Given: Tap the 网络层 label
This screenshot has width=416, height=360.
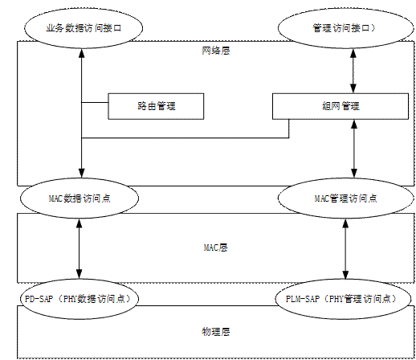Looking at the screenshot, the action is pyautogui.click(x=216, y=51).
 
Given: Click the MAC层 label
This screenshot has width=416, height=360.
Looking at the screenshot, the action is pyautogui.click(x=216, y=247).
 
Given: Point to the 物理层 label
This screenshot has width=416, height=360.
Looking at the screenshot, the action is pyautogui.click(x=216, y=332).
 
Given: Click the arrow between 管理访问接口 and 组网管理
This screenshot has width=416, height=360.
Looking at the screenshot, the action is pyautogui.click(x=353, y=71).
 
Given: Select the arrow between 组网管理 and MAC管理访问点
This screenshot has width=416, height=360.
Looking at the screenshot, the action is pyautogui.click(x=354, y=149).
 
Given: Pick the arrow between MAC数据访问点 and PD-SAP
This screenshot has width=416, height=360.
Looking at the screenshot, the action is pyautogui.click(x=80, y=248).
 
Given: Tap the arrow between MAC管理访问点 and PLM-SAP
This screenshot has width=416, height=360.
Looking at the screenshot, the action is pyautogui.click(x=345, y=248).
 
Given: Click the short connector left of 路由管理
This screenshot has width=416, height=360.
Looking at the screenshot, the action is pyautogui.click(x=95, y=102).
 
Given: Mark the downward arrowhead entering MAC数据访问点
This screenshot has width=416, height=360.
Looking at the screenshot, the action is pyautogui.click(x=82, y=173).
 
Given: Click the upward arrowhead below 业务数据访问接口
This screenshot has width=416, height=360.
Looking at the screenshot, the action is pyautogui.click(x=82, y=53).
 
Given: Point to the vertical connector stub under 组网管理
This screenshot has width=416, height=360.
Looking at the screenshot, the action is pyautogui.click(x=289, y=129).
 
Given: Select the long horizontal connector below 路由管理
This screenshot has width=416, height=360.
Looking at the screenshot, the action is pyautogui.click(x=186, y=138).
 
